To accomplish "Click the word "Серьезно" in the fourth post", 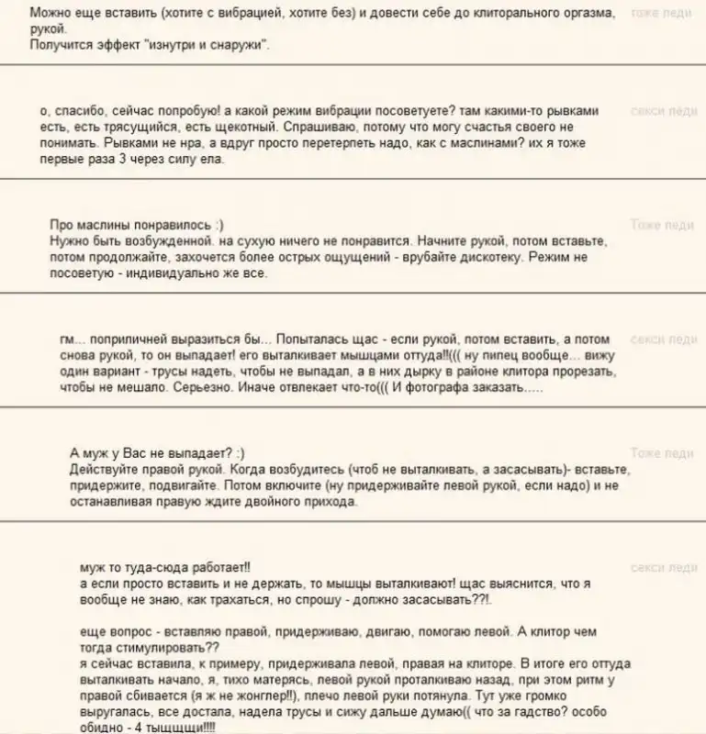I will (x=191, y=388).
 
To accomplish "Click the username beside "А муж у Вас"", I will (x=662, y=453).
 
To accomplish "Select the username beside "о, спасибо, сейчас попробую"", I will (x=664, y=111).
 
